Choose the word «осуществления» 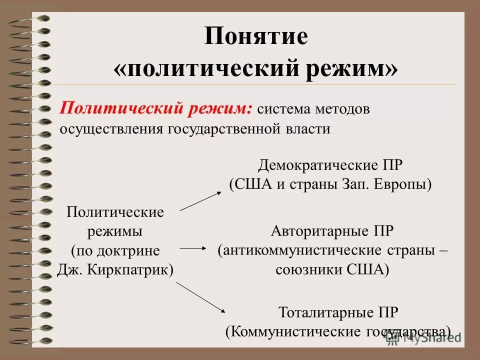click(111, 128)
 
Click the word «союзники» click(307, 269)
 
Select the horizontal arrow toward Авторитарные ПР click(192, 247)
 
